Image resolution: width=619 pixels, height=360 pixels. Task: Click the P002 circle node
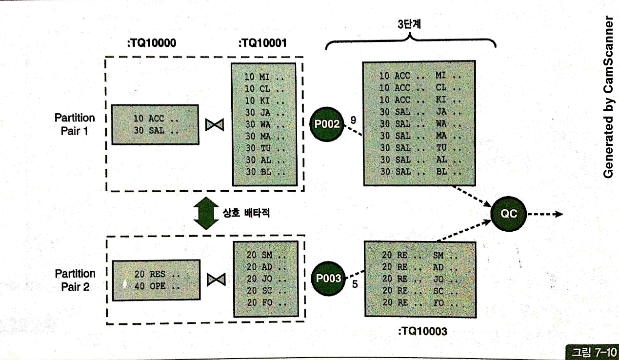[x=327, y=124]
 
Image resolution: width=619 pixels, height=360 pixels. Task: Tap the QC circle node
[x=509, y=213]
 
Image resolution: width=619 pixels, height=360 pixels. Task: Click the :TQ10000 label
[x=151, y=43]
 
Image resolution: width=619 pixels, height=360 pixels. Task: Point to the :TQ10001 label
[x=262, y=43]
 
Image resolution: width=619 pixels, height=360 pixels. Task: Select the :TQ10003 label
[x=422, y=332]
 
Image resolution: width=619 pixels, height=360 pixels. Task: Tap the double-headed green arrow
[x=207, y=213]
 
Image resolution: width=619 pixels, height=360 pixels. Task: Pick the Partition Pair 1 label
[x=75, y=124]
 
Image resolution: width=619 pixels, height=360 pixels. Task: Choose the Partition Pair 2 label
[x=75, y=280]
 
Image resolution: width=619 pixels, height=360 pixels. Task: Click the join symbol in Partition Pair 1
[x=215, y=125]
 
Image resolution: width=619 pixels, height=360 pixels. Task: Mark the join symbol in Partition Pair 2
[x=215, y=280]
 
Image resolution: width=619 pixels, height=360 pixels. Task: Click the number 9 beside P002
[x=353, y=119]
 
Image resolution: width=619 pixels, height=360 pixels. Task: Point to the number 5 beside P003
[x=355, y=283]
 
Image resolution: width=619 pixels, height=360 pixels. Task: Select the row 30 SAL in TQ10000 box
[x=156, y=130]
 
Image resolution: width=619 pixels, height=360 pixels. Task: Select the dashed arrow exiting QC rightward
[x=545, y=214]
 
